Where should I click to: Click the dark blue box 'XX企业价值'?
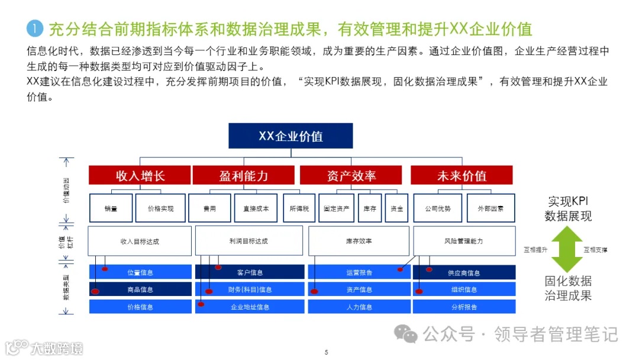click(291, 136)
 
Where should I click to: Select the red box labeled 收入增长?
click(140, 175)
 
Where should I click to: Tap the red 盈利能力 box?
click(243, 175)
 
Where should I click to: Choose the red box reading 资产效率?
click(351, 175)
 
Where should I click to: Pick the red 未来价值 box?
click(461, 175)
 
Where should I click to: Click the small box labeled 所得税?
click(299, 208)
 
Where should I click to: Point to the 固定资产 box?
click(336, 208)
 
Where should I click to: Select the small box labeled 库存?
click(370, 208)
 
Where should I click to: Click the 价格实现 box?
click(160, 208)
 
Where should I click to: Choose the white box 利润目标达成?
click(248, 241)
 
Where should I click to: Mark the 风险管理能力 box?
click(464, 241)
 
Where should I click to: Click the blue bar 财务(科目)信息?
click(250, 290)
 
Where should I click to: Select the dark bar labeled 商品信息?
click(140, 290)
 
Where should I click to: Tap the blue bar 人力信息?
click(359, 307)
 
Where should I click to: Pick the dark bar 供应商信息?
click(464, 273)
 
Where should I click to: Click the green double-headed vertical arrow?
click(567, 249)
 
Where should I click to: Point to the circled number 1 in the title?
click(35, 28)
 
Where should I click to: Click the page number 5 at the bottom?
click(326, 352)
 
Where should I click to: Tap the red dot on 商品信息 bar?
click(95, 291)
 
